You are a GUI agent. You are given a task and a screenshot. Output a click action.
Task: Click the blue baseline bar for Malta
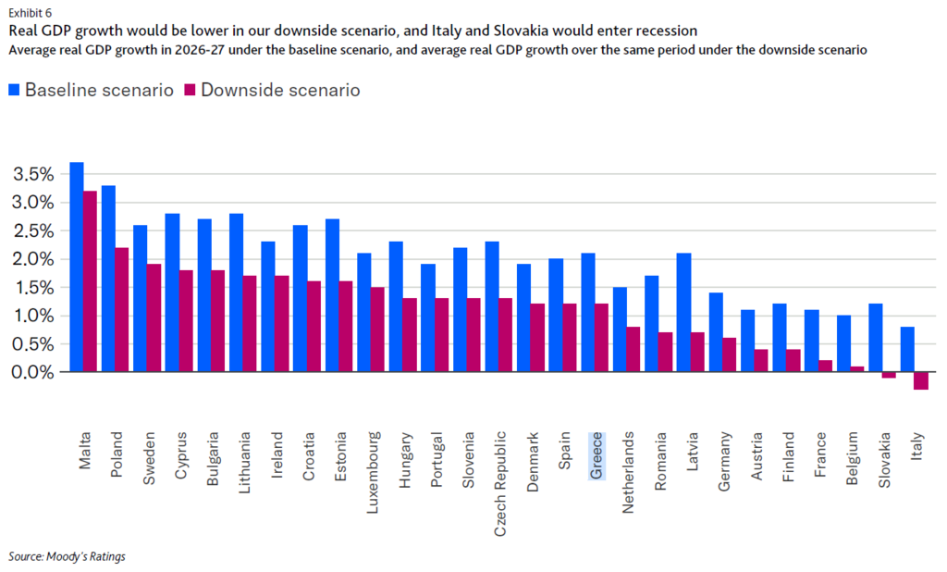(x=77, y=267)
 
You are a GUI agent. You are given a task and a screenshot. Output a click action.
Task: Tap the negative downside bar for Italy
(x=921, y=380)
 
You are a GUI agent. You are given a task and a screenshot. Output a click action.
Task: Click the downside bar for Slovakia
(x=889, y=375)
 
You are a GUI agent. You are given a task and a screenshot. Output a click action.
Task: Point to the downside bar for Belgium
(x=856, y=368)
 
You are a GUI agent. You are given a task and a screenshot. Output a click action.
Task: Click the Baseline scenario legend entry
(x=90, y=90)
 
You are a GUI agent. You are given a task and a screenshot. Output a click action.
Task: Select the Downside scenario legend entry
(x=272, y=90)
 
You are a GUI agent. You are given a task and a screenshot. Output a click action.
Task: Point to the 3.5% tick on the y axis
(x=35, y=174)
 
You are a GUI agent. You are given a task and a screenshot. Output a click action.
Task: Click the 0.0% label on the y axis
(x=35, y=372)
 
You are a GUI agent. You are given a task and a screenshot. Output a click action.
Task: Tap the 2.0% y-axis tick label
(x=35, y=259)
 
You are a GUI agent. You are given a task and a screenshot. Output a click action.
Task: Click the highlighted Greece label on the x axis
(x=596, y=455)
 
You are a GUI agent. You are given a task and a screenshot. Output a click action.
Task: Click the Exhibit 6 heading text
(x=30, y=13)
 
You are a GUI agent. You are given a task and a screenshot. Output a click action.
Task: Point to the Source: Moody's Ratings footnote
(x=67, y=556)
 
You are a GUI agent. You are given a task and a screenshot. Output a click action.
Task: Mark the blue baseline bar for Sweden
(x=140, y=298)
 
